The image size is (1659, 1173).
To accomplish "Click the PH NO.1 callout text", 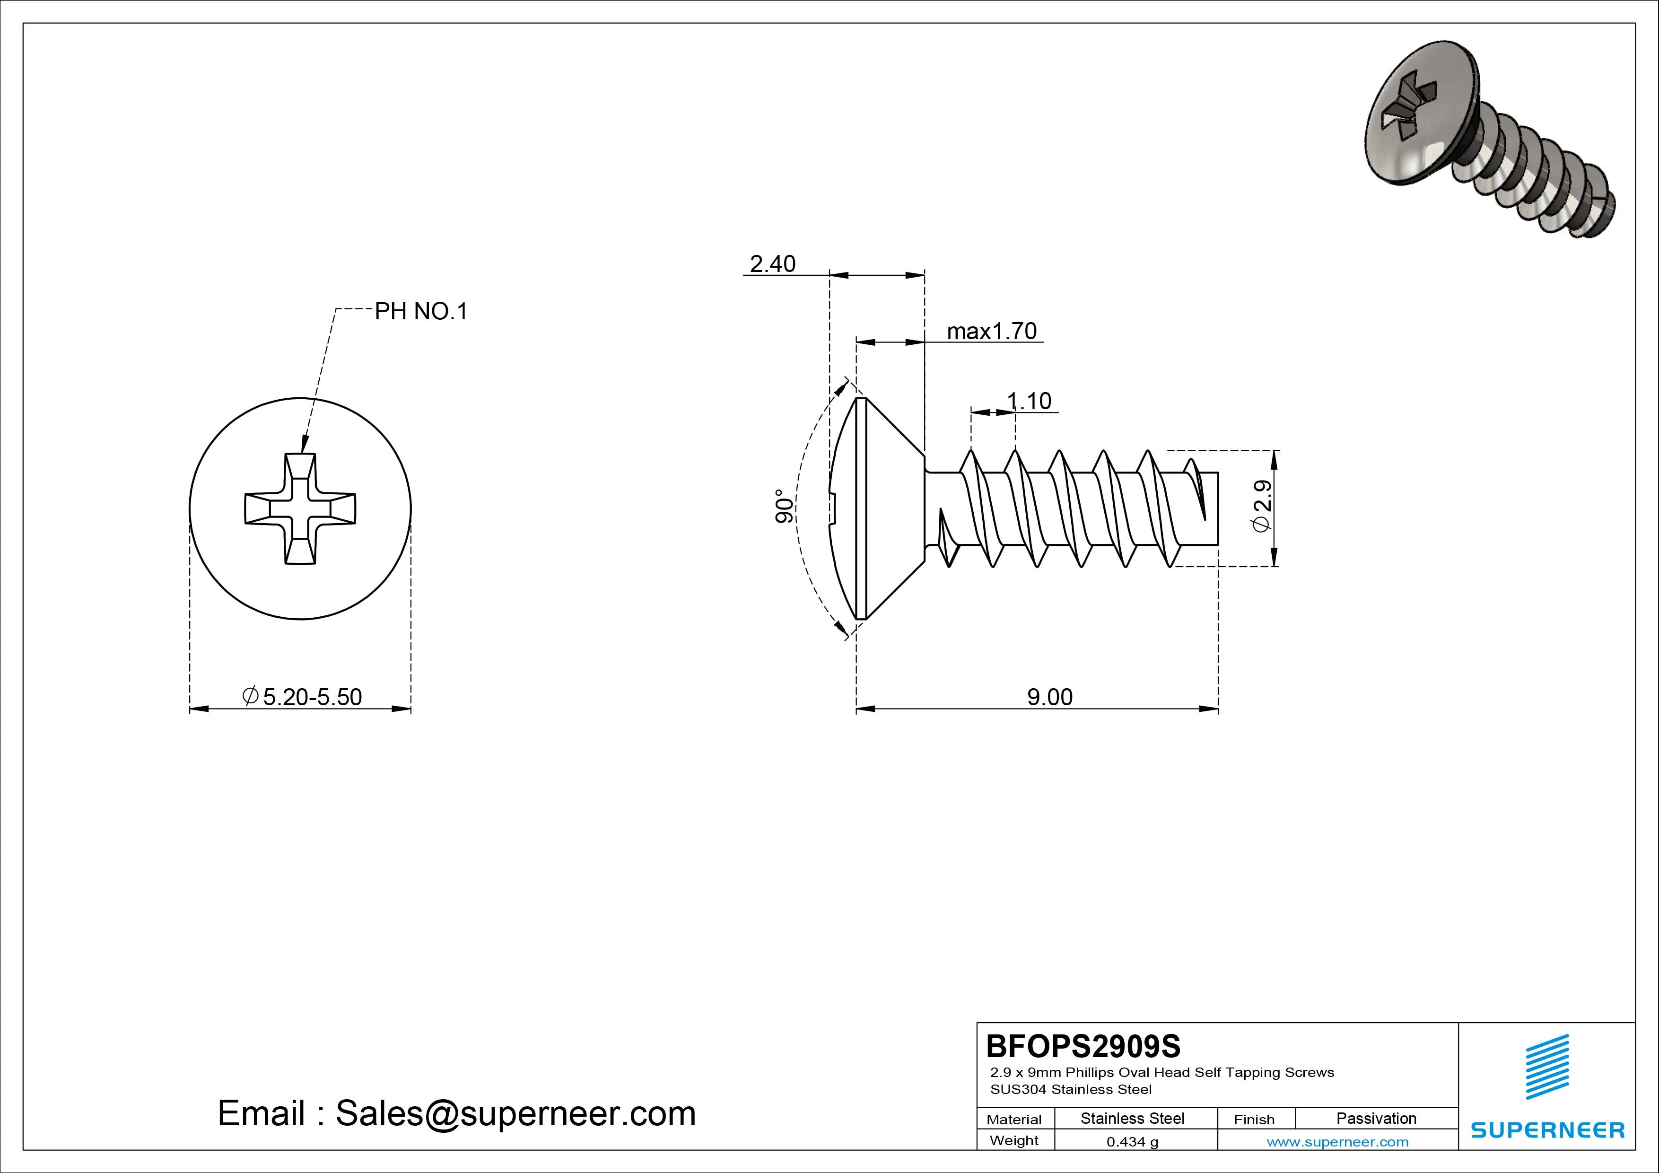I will click(x=420, y=312).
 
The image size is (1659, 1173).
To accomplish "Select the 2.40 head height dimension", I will click(x=772, y=264).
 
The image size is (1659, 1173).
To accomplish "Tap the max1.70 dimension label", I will click(x=991, y=331).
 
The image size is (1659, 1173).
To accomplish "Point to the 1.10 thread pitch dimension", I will click(x=1029, y=401).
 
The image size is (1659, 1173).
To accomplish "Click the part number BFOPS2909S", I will click(x=1083, y=1046).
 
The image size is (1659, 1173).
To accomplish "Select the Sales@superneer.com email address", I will click(x=515, y=1114).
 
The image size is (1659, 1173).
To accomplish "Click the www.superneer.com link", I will click(x=1337, y=1142).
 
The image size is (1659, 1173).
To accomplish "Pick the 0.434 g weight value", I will click(x=1132, y=1142).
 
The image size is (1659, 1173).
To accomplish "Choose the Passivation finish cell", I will click(x=1376, y=1118).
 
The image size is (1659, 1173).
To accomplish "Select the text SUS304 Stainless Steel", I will click(x=1071, y=1089).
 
